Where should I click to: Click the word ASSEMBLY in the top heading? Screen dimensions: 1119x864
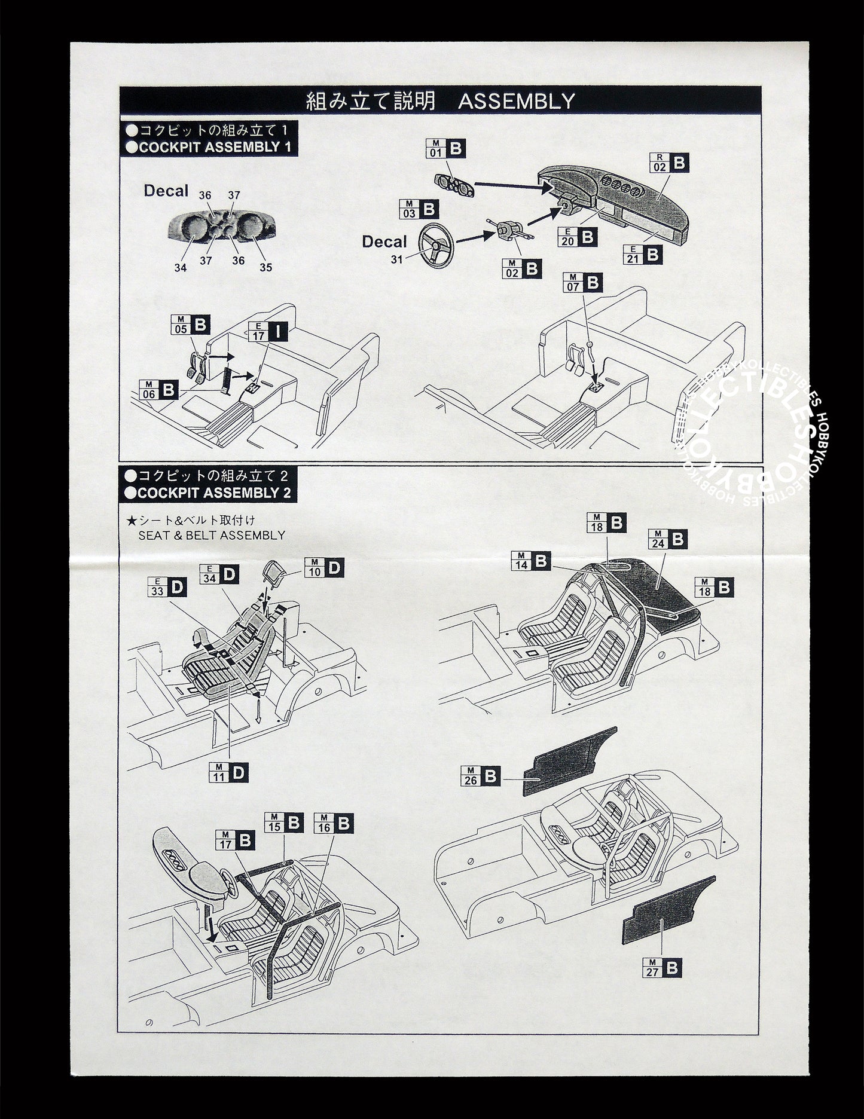516,101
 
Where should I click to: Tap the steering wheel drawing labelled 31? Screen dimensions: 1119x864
436,245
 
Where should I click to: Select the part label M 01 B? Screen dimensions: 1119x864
446,149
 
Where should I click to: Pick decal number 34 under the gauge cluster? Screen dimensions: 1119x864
181,268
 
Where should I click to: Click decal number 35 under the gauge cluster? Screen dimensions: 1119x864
265,267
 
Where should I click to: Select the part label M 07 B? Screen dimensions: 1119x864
582,283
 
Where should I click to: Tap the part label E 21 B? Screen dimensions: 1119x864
642,255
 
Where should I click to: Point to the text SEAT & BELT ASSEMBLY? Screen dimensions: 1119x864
212,535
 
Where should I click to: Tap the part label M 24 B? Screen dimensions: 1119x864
667,540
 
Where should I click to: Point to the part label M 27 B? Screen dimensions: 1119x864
661,968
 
